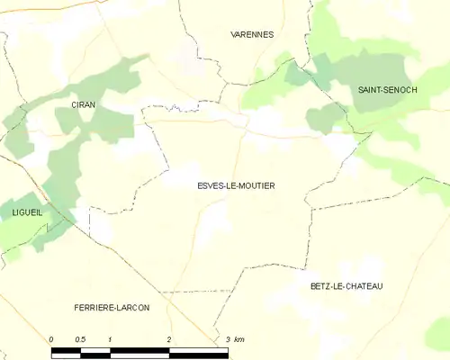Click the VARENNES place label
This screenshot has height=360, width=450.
253,34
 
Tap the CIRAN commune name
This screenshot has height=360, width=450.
83,105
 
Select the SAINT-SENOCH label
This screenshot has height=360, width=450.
387,90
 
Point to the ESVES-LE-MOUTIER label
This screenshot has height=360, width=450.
235,185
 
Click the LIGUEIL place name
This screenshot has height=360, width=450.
21,212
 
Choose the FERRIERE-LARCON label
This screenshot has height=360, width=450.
112,308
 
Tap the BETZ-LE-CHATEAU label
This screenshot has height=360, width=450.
346,286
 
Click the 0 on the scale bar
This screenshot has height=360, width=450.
51,338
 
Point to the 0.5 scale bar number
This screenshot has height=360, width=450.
80,338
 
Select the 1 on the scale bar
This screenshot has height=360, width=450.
109,338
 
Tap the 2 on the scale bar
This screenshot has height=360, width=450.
168,338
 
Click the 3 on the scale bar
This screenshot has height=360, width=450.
228,338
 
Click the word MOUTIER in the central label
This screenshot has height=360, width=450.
256,185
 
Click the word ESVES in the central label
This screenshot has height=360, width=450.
208,185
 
